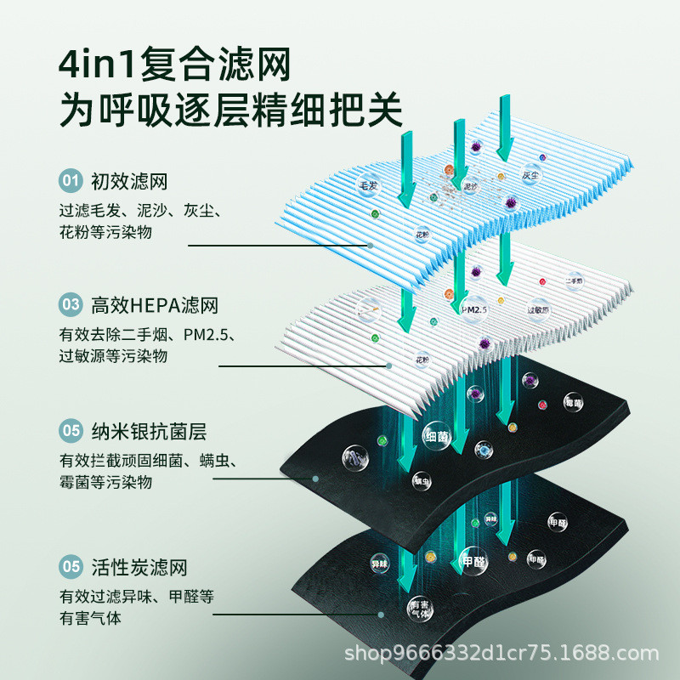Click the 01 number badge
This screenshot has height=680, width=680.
pos(70,181)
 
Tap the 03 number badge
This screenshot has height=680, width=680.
pos(70,304)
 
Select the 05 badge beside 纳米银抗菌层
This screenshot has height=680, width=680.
pos(70,431)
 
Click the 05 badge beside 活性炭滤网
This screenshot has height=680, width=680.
pos(70,567)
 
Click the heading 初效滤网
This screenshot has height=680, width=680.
pos(127,181)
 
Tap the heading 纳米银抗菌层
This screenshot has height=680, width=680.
pos(149,431)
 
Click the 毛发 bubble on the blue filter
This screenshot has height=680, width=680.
pos(368,184)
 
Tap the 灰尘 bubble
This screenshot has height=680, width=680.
pos(531,176)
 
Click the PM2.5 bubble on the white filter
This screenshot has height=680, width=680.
pos(473,310)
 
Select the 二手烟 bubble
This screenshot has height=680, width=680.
pos(573,280)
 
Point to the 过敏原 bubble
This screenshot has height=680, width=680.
pos(536,309)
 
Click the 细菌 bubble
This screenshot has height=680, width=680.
pos(436,437)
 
